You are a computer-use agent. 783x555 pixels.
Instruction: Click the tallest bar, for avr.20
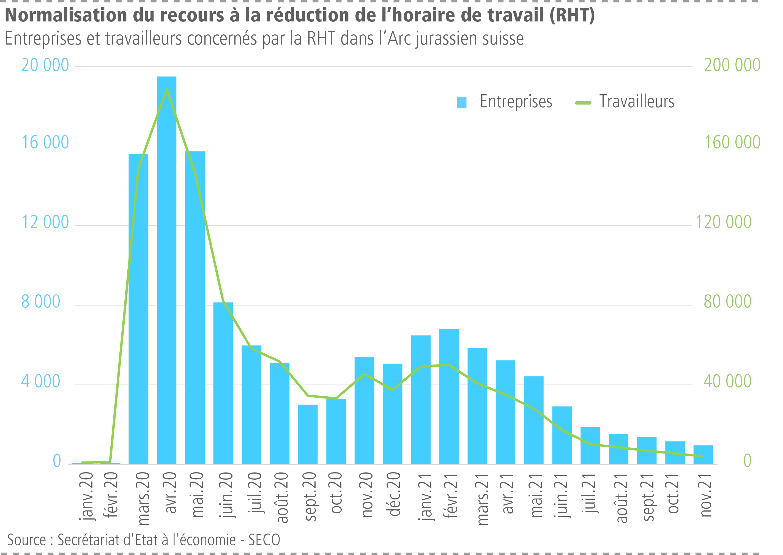tap(166, 270)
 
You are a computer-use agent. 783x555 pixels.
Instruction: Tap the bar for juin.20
tap(223, 383)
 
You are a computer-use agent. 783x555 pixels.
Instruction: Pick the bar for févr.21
tap(449, 396)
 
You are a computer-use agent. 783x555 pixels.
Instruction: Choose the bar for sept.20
tap(308, 434)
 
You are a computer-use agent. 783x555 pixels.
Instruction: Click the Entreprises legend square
tap(461, 103)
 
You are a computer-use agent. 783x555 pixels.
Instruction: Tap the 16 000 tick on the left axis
tap(45, 142)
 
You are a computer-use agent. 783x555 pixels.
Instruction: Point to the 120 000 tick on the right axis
tap(723, 222)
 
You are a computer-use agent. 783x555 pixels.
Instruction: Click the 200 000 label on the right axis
tap(732, 65)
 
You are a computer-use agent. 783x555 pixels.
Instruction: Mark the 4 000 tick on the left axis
tap(41, 381)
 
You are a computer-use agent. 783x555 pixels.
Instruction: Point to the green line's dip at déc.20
tap(392, 390)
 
